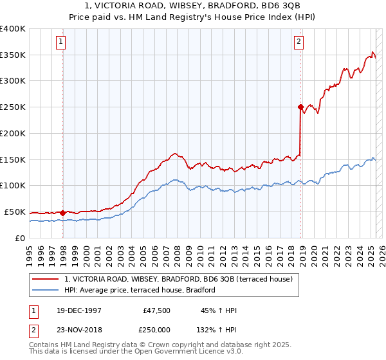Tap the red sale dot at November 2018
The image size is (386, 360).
pyautogui.click(x=300, y=107)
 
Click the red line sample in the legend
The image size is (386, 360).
pyautogui.click(x=46, y=279)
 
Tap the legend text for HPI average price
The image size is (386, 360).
pyautogui.click(x=140, y=291)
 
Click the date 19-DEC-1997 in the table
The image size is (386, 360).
pyautogui.click(x=78, y=310)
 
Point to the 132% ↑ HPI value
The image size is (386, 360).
pyautogui.click(x=217, y=328)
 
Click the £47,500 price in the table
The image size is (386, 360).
pyautogui.click(x=156, y=310)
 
